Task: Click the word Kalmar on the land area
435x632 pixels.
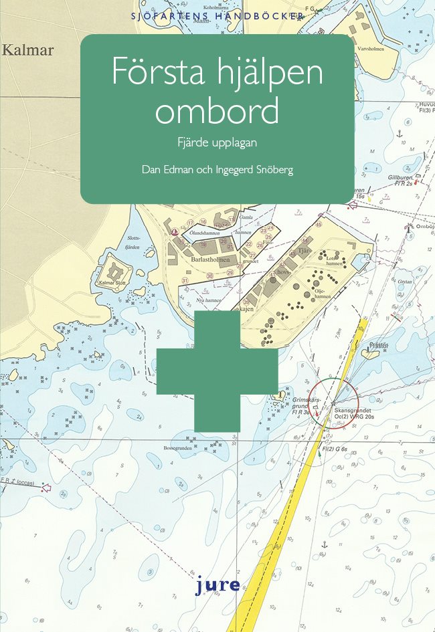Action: (27, 50)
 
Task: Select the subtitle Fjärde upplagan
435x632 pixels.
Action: (216, 142)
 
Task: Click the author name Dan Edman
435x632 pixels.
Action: (168, 169)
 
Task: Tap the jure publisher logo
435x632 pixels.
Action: (217, 585)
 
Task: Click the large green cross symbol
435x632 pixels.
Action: (217, 371)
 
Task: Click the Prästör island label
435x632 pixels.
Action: (379, 346)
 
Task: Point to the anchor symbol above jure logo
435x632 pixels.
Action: (324, 545)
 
